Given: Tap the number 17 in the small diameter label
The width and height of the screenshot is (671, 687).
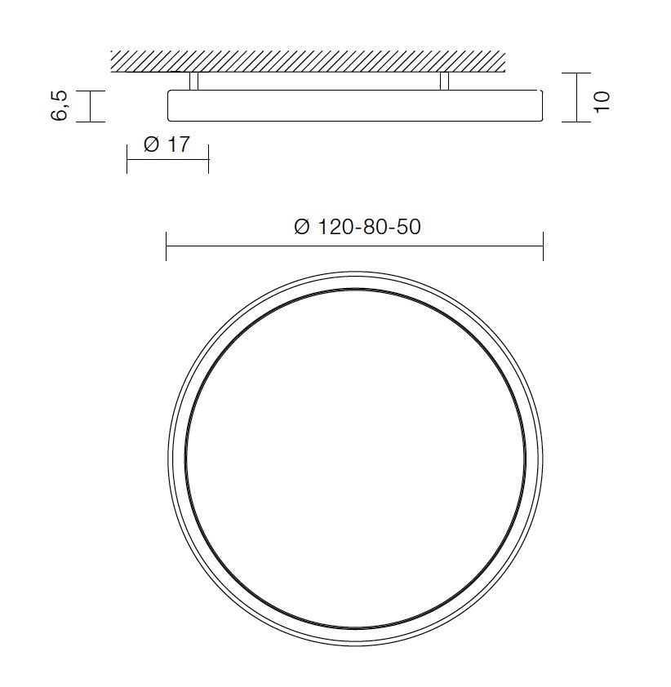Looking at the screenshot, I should coord(178,145).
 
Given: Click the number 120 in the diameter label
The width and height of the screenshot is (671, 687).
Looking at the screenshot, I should coord(334,227).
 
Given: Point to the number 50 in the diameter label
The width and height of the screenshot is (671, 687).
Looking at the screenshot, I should coord(407,227).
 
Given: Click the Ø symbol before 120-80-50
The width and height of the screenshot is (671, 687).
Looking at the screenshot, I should coord(301,228).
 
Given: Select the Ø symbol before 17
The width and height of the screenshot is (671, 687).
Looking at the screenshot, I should coord(151,145).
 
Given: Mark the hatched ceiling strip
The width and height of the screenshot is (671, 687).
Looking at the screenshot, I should coord(309,60).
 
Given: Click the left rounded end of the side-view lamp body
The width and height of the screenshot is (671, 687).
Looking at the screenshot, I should coord(170,105).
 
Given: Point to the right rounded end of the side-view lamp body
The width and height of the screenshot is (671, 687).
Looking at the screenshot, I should coord(540,105).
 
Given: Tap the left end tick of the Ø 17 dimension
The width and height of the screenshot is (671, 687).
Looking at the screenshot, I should coord(127,159).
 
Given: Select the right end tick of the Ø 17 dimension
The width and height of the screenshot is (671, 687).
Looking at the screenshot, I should coord(209,159).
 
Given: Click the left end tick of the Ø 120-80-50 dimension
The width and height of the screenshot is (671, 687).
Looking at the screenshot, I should coord(167,246).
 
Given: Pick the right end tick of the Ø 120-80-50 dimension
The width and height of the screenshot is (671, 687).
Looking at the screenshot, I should coord(543,246).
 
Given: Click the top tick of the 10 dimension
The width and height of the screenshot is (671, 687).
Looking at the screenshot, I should coord(576,73).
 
